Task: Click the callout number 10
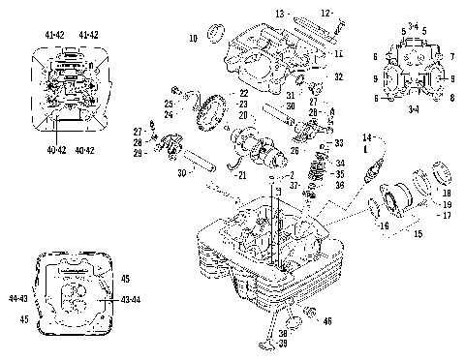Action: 193,38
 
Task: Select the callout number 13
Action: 280,14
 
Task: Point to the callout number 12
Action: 326,13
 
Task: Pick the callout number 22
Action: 244,93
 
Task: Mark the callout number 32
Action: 338,75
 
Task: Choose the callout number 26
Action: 294,150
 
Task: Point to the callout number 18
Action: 447,194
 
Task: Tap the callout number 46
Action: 328,320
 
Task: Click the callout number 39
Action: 282,343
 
